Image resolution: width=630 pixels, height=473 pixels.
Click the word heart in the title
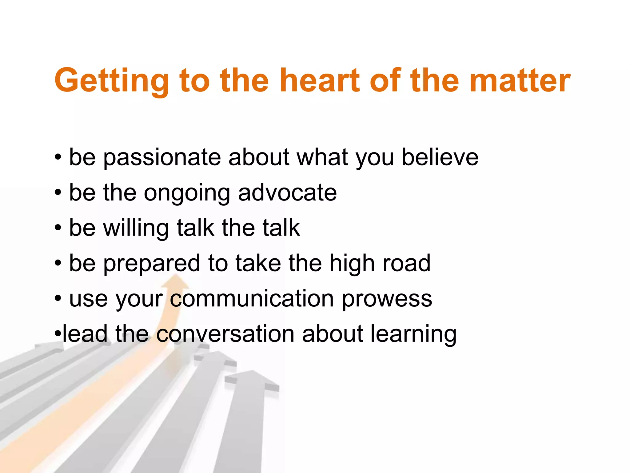coord(320,81)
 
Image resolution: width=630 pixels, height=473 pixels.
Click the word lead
coord(85,334)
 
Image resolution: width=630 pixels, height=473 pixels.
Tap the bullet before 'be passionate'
coord(58,158)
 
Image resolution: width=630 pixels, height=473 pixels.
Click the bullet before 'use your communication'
coord(58,299)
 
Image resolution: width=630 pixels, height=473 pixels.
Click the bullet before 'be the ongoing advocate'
coord(58,193)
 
